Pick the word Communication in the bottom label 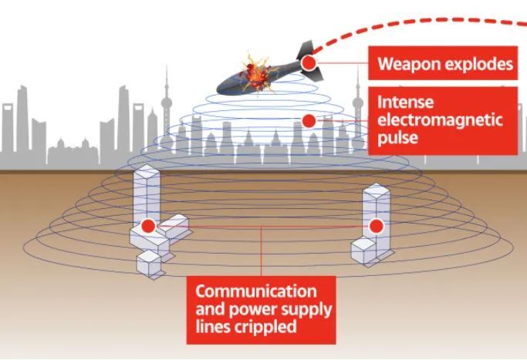click(x=255, y=291)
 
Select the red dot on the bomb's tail click(x=308, y=62)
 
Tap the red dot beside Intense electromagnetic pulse click(x=309, y=121)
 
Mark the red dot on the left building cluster click(x=147, y=226)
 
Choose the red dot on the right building click(x=376, y=226)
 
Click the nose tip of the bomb click(x=220, y=86)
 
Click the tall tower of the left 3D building click(x=145, y=193)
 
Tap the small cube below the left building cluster click(x=148, y=262)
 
